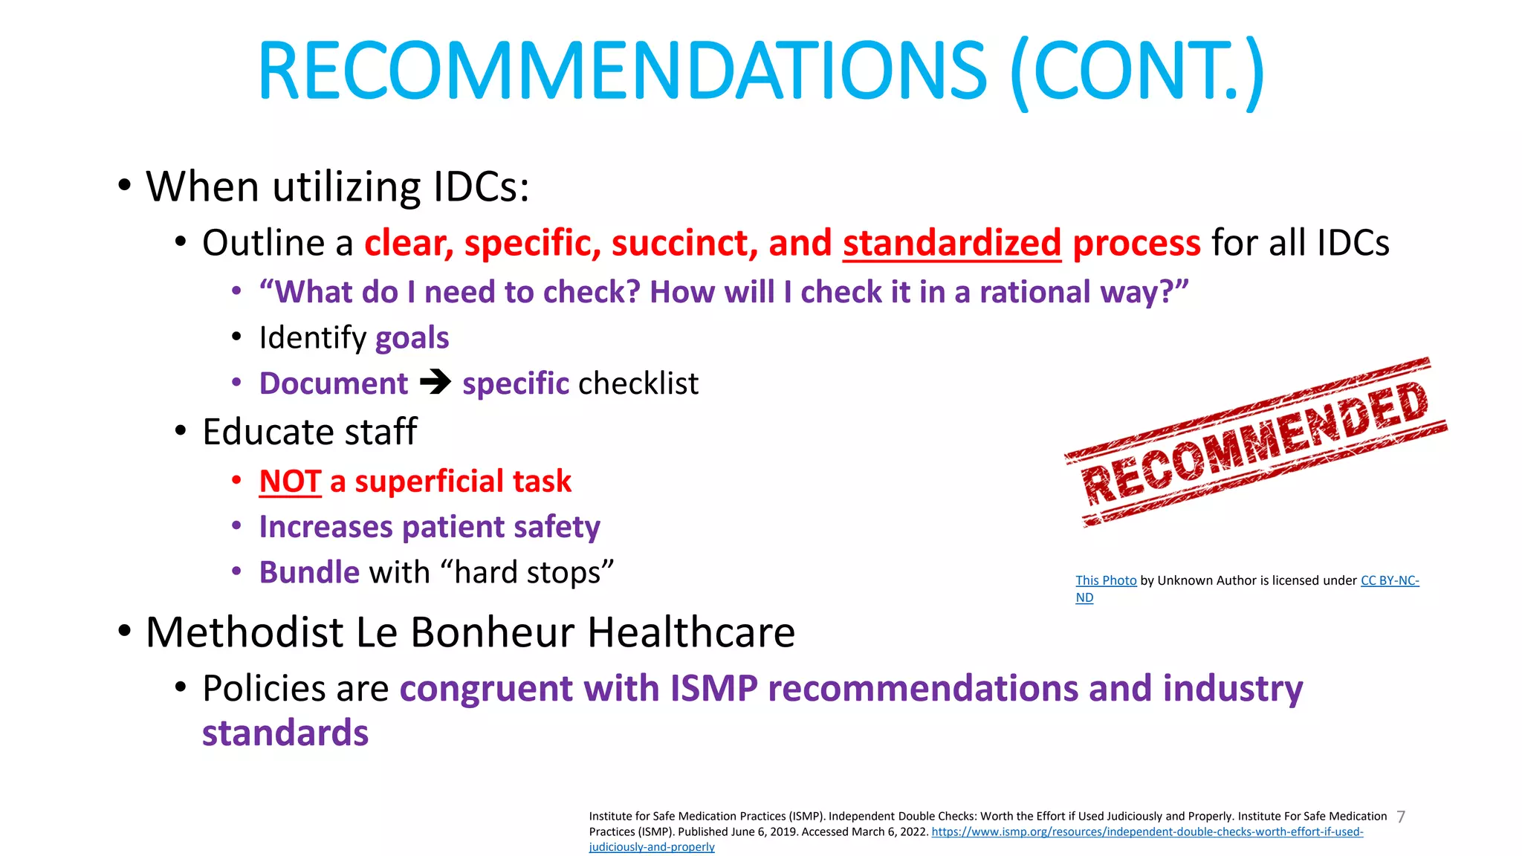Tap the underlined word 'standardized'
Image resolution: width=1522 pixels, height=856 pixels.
[x=951, y=243]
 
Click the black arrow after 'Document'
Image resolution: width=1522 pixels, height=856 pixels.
[x=435, y=383]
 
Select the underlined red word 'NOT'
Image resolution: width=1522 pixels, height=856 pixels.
[x=290, y=481]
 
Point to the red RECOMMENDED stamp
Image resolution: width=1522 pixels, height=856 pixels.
[x=1255, y=442]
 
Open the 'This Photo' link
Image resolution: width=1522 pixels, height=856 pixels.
[x=1106, y=580]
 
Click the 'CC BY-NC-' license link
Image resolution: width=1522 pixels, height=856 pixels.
[x=1390, y=580]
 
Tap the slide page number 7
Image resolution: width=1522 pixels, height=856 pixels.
[x=1401, y=817]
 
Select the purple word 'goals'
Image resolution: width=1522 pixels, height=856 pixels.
[x=412, y=338]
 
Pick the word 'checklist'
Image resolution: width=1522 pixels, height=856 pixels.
[x=638, y=383]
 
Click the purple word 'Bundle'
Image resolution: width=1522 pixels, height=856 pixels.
[x=309, y=573]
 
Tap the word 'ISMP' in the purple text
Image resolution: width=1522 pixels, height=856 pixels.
[x=713, y=688]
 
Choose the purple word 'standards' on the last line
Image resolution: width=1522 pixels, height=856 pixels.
[x=285, y=733]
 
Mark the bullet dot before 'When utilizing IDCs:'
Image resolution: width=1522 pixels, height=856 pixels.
[x=124, y=185]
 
